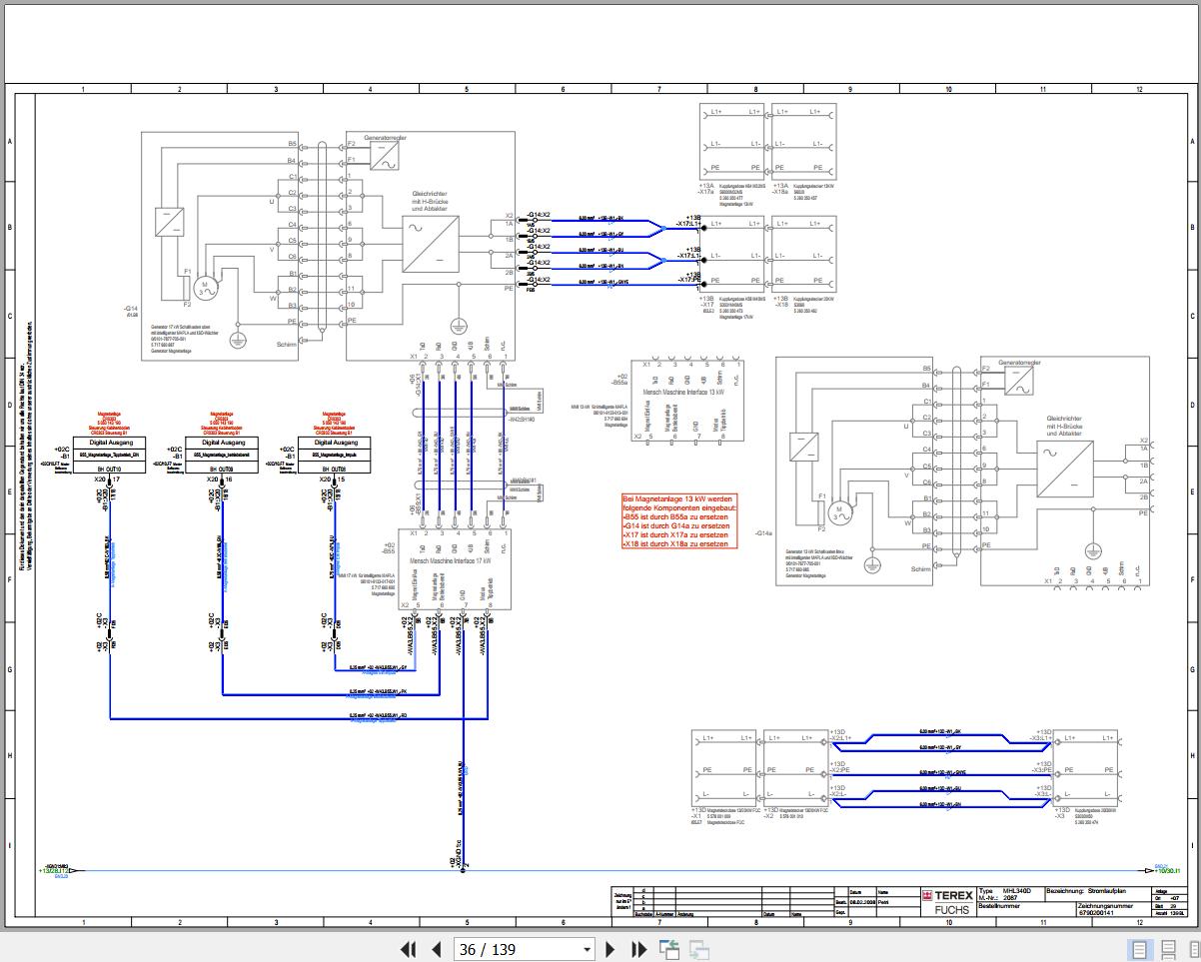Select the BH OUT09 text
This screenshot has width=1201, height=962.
tap(222, 468)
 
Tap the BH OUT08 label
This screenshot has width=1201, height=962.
tap(334, 468)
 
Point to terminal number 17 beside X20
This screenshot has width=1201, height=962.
tap(117, 481)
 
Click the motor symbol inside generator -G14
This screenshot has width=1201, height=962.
tap(206, 287)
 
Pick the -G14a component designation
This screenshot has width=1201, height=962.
tap(765, 534)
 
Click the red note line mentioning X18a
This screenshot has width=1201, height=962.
tap(675, 543)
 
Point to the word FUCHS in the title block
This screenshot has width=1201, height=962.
tap(938, 910)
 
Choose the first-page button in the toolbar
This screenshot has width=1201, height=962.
tap(408, 949)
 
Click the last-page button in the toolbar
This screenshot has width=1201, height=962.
tap(639, 949)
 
